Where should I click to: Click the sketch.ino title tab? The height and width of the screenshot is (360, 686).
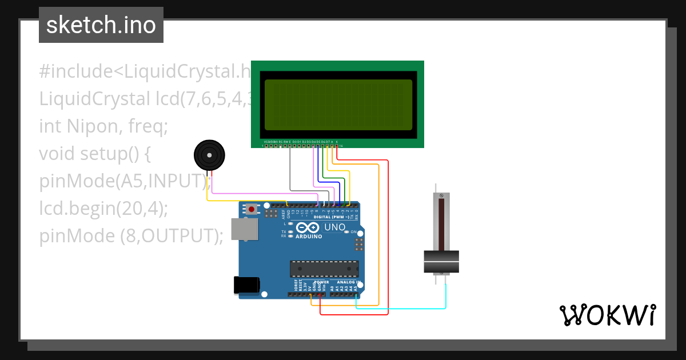coord(101,25)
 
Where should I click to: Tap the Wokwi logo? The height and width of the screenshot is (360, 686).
coord(607,315)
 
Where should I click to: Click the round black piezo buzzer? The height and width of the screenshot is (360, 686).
coord(209,154)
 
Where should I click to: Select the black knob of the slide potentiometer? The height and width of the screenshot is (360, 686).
coord(441,262)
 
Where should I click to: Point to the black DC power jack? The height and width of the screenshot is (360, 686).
coord(247,285)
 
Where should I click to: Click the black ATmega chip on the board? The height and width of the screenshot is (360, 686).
coord(324,269)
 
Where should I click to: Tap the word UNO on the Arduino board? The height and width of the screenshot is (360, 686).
coord(334,227)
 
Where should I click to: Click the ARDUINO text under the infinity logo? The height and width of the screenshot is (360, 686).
coord(309,236)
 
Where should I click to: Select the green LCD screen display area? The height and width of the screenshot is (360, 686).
coord(337,105)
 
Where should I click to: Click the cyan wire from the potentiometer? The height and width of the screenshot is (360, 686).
coord(400,309)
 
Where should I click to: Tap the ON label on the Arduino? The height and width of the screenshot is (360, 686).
coord(353,232)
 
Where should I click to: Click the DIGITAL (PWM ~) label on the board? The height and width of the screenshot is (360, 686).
coord(333,218)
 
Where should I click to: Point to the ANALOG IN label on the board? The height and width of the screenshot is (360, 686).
coord(346,282)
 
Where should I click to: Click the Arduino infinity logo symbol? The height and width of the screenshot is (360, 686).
coord(309,227)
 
